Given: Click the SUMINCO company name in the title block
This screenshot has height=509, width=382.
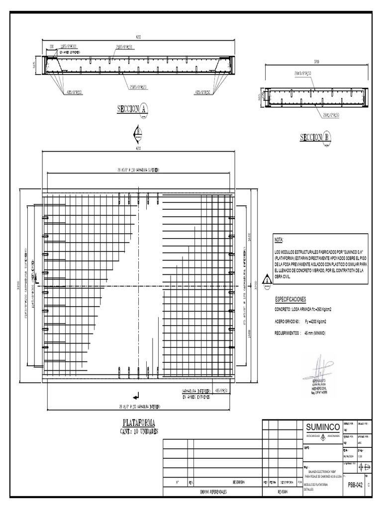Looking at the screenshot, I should tap(323, 427).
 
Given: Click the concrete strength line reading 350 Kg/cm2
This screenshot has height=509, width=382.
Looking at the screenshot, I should tap(303, 309).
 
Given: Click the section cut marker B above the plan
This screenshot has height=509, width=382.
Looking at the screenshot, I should tap(137, 134).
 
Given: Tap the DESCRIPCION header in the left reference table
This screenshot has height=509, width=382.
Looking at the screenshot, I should tap(237, 482).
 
